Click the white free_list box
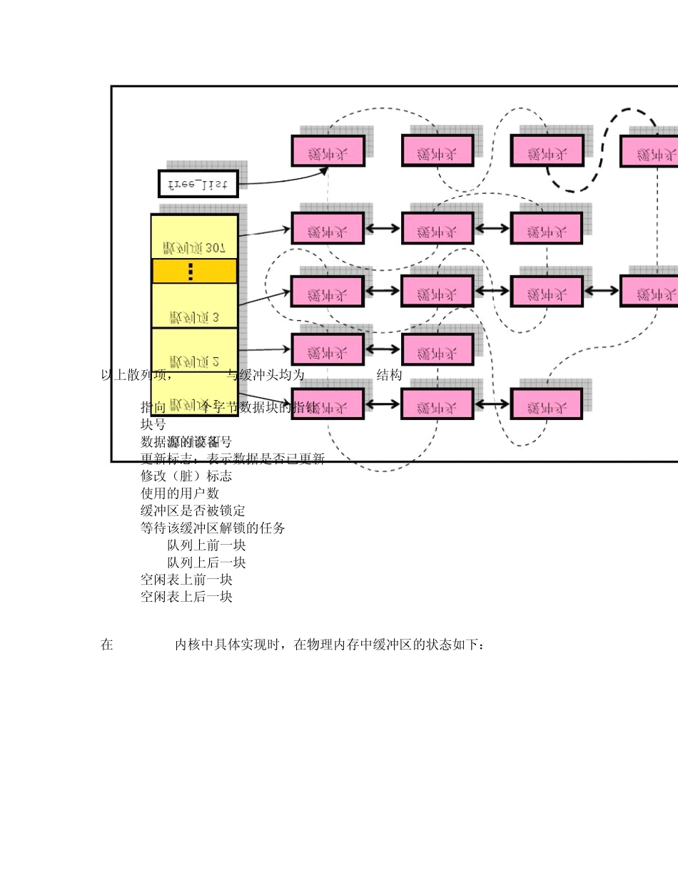point(198,183)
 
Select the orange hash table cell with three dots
point(194,271)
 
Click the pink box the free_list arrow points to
point(328,151)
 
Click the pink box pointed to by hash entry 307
point(328,228)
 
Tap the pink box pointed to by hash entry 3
point(328,291)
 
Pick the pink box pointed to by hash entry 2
point(328,349)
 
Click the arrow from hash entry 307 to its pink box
point(264,230)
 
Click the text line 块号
point(153,424)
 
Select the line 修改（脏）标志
point(186,476)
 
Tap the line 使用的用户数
point(179,493)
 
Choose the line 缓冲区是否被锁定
point(193,511)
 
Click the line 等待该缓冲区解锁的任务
point(213,528)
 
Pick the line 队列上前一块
point(206,545)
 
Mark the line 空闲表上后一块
point(186,597)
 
